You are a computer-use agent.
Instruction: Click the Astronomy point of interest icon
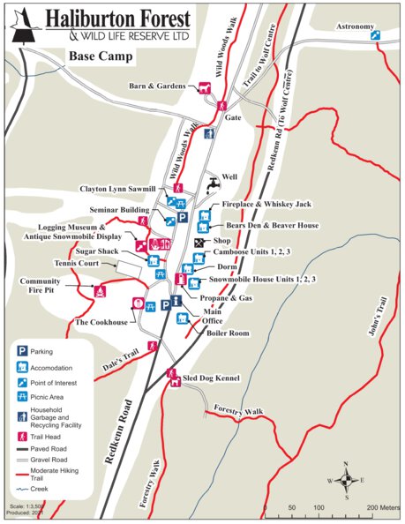click(376, 35)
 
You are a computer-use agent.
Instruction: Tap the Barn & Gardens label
click(157, 86)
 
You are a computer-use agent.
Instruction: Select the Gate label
click(233, 116)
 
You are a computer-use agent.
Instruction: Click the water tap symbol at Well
click(213, 184)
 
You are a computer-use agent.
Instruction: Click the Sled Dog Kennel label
click(211, 378)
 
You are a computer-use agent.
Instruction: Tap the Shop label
click(221, 240)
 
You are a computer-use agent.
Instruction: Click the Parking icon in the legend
click(20, 352)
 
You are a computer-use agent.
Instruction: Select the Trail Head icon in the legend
click(20, 436)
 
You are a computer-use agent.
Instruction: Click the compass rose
click(346, 480)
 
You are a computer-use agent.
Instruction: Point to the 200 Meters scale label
click(383, 508)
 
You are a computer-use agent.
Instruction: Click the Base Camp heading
click(101, 57)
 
